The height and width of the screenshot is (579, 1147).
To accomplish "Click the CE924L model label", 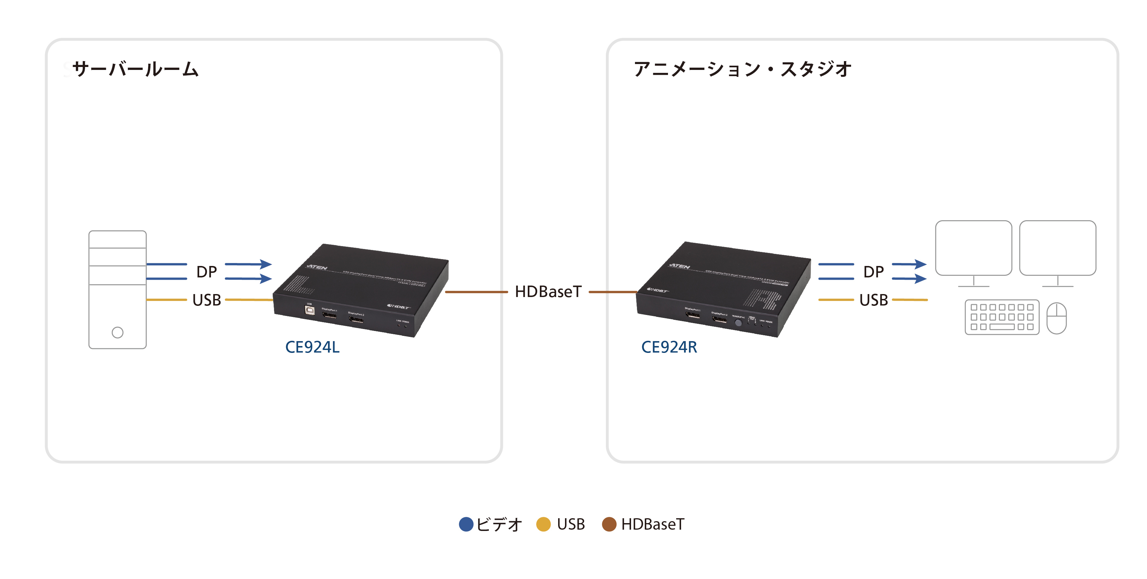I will coord(312,347).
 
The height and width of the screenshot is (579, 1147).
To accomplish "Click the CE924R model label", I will coord(669,347).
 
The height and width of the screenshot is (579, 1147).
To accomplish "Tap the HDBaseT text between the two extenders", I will coord(548,292).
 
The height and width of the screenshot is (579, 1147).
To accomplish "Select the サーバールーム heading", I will coord(135,69).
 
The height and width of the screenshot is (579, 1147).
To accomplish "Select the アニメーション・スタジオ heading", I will coord(742,69).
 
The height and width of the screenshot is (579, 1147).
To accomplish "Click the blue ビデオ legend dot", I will coord(466,524).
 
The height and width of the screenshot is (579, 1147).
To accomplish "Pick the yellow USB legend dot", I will coord(543,524).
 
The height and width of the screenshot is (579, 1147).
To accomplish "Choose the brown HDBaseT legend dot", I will coord(609,524).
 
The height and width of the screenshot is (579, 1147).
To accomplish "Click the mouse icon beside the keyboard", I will coord(1056,318).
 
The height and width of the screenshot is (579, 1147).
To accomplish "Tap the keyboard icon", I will coord(1002,317).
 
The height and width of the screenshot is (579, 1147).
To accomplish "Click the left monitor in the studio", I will coord(973,248).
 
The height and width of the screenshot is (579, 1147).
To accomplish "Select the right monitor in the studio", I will coord(1057,248).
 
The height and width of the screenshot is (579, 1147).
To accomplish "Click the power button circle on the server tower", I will coord(118,332).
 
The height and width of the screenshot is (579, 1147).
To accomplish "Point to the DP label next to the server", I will coord(207,272).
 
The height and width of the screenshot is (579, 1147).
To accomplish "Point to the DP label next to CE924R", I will coord(873,272).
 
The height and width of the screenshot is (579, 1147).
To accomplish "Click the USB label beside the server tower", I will coord(207,300).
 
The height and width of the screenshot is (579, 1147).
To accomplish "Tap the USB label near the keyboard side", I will coord(873,300).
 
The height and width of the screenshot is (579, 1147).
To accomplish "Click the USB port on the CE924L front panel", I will coord(309,310).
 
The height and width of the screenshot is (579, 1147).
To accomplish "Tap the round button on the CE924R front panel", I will coord(738,323).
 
